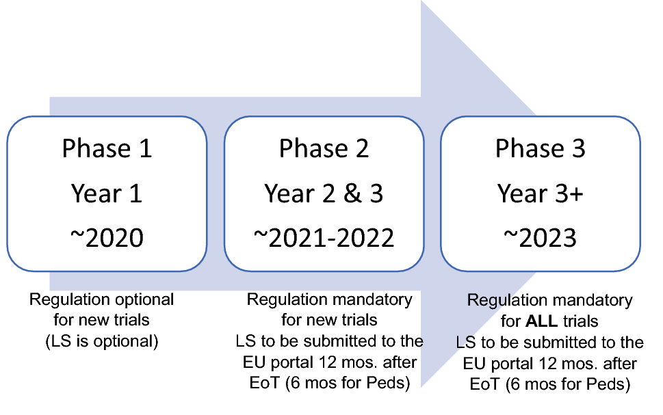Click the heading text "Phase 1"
(107, 149)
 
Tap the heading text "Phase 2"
(324, 149)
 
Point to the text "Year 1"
(107, 193)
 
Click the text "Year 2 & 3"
(324, 193)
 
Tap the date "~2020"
(107, 237)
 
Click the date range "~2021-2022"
(324, 237)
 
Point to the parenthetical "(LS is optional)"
(101, 341)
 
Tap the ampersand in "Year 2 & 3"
(342, 193)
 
